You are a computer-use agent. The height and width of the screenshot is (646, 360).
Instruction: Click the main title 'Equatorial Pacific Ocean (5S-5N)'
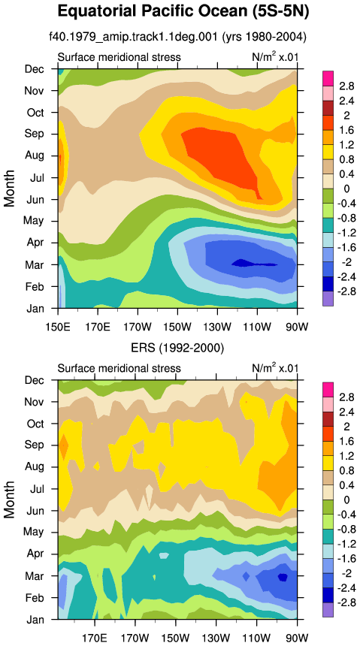pos(183,11)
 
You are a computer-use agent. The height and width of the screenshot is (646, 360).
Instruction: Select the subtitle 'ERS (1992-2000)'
pos(177,349)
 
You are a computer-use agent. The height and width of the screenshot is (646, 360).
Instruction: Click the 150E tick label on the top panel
pos(58,318)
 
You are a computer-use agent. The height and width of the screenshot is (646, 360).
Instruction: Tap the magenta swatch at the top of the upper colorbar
pos(328,78)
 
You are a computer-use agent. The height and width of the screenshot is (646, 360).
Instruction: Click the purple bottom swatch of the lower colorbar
pos(328,610)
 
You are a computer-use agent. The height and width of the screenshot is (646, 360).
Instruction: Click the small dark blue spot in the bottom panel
pos(283,577)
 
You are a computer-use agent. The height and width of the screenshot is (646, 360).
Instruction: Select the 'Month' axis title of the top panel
pos(10,188)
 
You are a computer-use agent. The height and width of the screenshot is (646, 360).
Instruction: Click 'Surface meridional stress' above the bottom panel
pos(119,368)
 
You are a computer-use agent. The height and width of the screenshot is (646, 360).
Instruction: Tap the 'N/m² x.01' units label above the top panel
pos(274,56)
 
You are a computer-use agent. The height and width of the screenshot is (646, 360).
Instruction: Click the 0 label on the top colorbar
pos(346,189)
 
